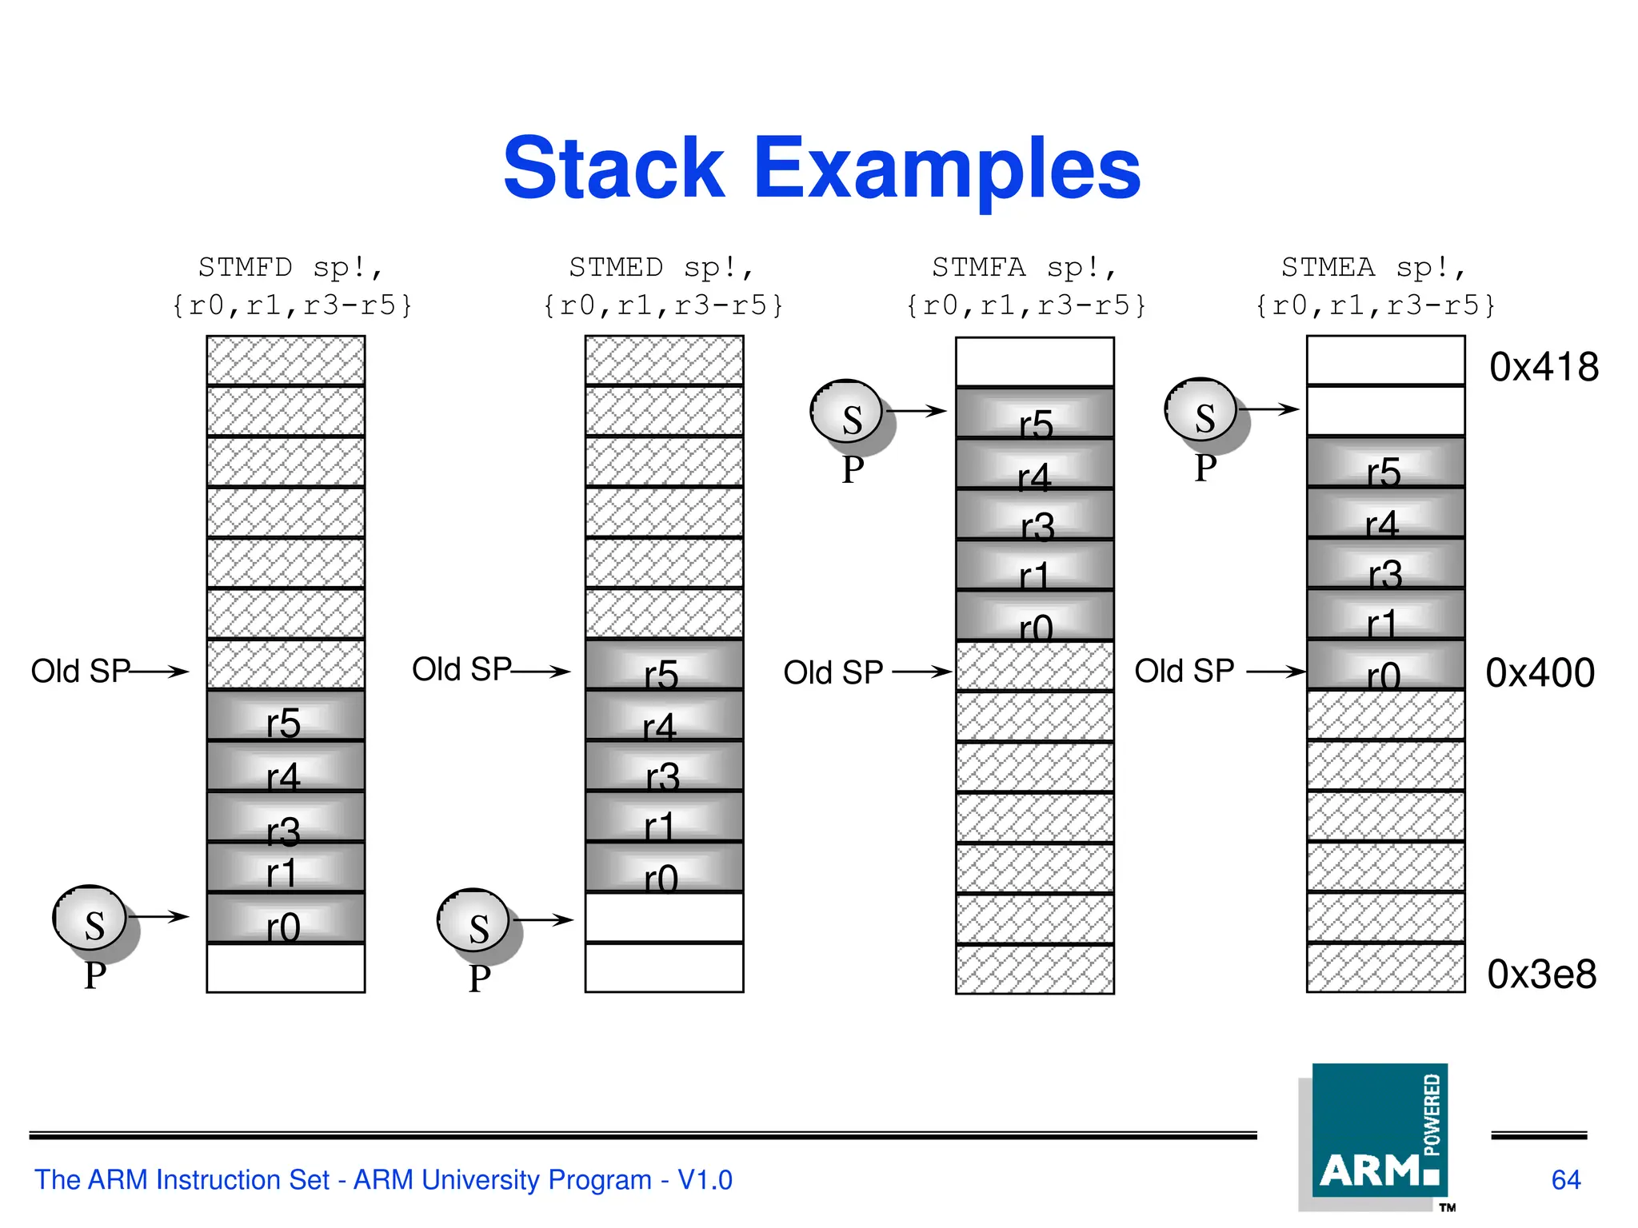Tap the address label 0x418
point(1544,367)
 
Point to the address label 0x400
point(1540,672)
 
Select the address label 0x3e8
point(1541,974)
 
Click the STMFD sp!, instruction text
point(291,268)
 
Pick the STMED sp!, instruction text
point(661,268)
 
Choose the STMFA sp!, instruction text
point(1025,268)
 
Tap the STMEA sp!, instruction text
point(1374,268)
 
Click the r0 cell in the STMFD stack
point(285,919)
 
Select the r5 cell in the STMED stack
point(663,666)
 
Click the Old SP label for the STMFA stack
point(833,672)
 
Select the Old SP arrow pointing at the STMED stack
point(541,672)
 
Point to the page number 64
point(1565,1180)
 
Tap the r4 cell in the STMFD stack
point(285,768)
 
